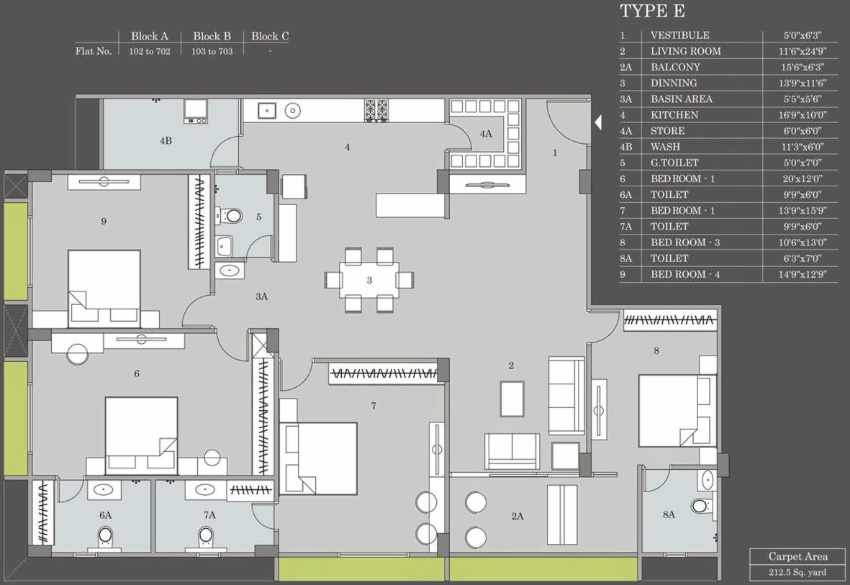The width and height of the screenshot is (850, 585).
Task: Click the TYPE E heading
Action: pos(652,11)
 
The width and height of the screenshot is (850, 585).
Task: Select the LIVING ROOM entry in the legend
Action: pos(685,51)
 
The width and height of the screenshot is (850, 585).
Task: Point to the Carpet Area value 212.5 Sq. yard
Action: pos(797,573)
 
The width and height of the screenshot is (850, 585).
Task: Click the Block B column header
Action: pos(212,36)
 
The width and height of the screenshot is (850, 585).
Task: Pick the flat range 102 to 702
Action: pos(150,52)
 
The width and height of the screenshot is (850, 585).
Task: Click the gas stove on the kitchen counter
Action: pos(376,109)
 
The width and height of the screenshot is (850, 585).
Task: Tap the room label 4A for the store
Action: pos(486,134)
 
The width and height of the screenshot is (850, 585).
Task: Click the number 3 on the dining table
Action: pos(369,281)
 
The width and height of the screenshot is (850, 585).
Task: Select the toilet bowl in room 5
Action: pos(232,215)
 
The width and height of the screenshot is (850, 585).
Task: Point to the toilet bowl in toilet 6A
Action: pos(105,535)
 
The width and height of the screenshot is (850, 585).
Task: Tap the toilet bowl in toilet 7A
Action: pos(207,535)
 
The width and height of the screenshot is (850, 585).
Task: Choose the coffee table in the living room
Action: pos(512,398)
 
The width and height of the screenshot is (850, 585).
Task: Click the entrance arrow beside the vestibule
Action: pos(597,123)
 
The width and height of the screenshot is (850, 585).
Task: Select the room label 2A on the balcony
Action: pos(517,516)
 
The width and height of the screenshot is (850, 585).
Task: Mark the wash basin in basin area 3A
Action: pos(230,271)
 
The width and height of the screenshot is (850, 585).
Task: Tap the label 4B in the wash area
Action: pos(166,141)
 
